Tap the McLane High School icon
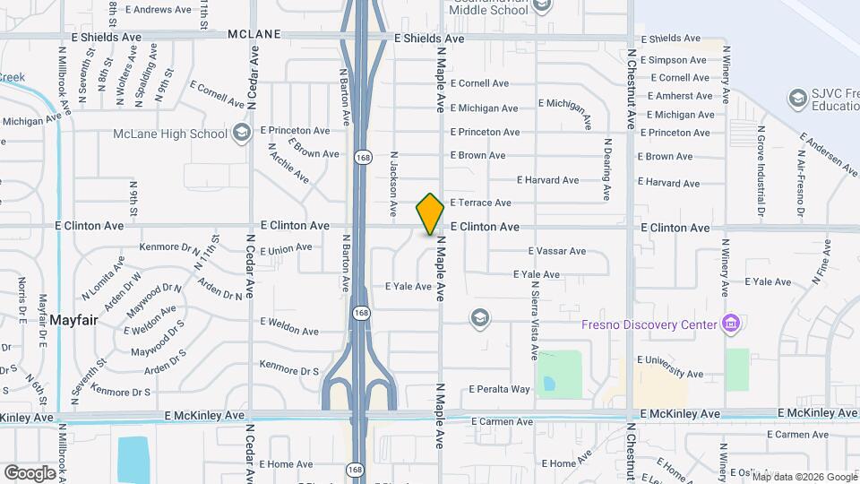tap(240, 134)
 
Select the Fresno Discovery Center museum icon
tap(731, 324)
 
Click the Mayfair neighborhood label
tap(73, 319)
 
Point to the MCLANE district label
tap(254, 34)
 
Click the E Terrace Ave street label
tap(480, 203)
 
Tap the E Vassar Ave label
tap(557, 251)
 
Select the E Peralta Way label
tap(500, 389)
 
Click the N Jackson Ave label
tap(392, 184)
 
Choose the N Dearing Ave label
tap(607, 169)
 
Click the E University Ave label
tap(672, 373)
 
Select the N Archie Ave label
tap(288, 167)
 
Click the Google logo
tap(30, 472)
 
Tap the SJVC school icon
tap(796, 98)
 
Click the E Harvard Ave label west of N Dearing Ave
tap(547, 180)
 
